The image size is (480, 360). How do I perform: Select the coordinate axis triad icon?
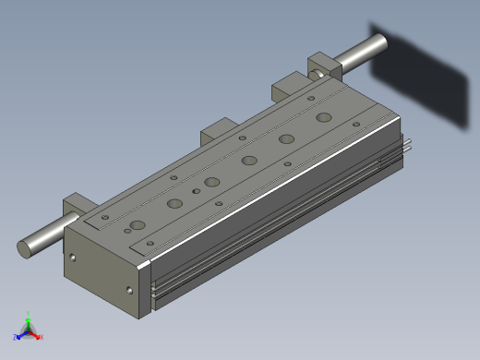point(28,328)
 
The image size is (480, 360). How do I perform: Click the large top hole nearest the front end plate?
point(137,225)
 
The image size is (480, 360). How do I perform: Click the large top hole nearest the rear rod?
point(323,117)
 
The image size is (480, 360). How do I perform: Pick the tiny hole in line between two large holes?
point(196,190)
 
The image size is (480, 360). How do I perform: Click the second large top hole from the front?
point(174,203)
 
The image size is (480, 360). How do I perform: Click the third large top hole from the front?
point(212,182)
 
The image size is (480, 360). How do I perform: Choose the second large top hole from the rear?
point(287,138)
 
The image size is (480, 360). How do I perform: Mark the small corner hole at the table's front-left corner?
point(105,218)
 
